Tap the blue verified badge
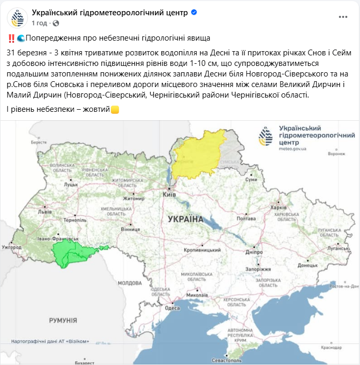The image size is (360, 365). [x=194, y=12]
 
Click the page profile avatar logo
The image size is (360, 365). [x=17, y=17]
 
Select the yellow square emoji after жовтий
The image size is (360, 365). [x=114, y=110]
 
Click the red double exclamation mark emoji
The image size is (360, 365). [x=11, y=39]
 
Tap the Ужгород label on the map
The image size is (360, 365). [x=12, y=246]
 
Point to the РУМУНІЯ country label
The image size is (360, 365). [x=63, y=320]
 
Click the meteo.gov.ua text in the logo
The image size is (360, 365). [x=293, y=149]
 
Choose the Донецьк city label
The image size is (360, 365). [x=308, y=266]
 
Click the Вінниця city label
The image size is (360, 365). [x=130, y=230]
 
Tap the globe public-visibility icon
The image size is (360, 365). [x=56, y=23]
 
